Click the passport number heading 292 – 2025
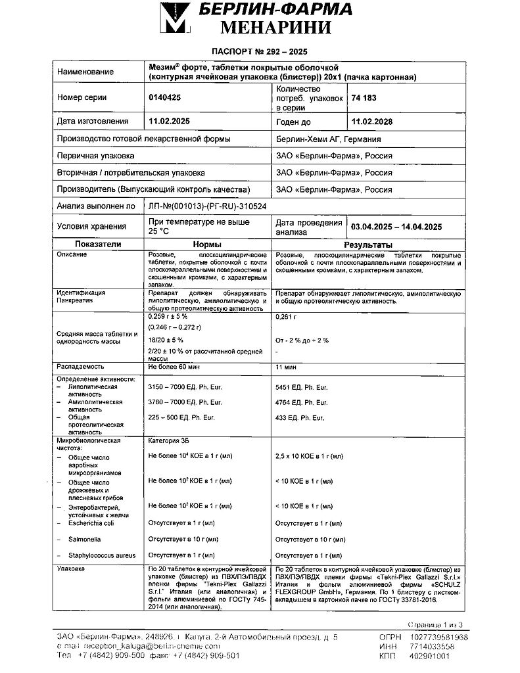click(x=260, y=51)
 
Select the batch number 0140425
click(x=165, y=97)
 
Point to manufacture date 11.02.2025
click(x=170, y=122)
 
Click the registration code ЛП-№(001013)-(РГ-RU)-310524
click(x=208, y=206)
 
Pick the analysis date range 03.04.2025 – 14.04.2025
click(x=396, y=227)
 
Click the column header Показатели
click(x=98, y=244)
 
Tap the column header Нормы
click(x=208, y=244)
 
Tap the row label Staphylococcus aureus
click(x=101, y=555)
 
